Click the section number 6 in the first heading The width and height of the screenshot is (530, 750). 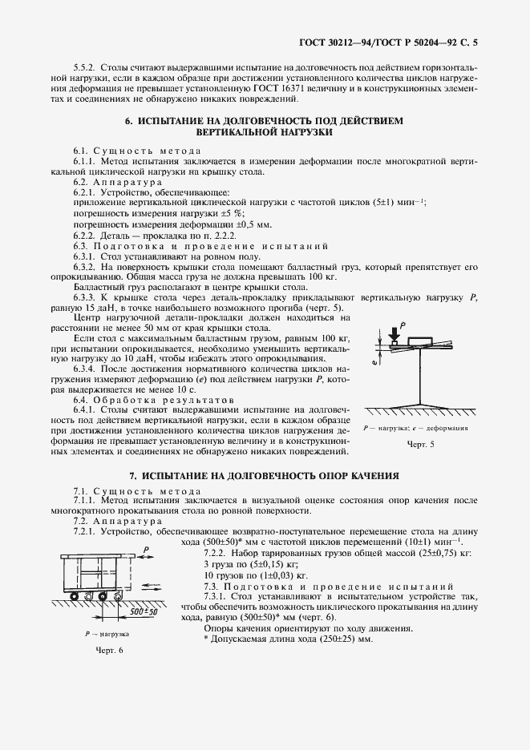point(128,120)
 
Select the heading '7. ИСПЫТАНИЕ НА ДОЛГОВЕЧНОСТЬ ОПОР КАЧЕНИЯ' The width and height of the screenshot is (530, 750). point(264,474)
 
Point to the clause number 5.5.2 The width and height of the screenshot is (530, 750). point(84,68)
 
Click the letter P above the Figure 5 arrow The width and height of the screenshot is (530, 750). point(402,320)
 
